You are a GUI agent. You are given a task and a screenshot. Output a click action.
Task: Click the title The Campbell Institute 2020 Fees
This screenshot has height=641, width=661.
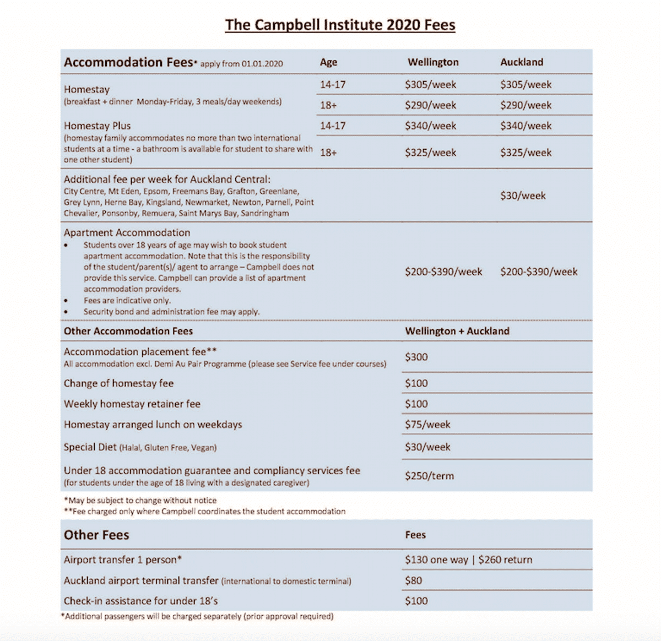[x=340, y=25]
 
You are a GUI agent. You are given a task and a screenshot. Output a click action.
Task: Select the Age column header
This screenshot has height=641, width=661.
[x=328, y=62]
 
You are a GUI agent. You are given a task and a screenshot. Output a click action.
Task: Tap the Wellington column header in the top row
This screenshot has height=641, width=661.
[x=433, y=62]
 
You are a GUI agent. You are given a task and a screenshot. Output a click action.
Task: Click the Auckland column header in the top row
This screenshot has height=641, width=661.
[x=522, y=62]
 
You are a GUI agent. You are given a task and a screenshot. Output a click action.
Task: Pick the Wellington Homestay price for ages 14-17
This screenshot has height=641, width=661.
[x=430, y=85]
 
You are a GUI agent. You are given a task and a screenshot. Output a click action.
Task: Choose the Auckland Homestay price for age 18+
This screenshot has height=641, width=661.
[x=525, y=105]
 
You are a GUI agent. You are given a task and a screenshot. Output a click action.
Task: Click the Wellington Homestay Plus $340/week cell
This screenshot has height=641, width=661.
[x=430, y=126]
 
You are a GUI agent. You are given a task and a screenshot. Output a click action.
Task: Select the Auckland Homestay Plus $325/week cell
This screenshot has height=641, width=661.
[x=525, y=153]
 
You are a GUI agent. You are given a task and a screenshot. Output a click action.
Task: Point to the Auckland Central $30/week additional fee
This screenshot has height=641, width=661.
[x=523, y=195]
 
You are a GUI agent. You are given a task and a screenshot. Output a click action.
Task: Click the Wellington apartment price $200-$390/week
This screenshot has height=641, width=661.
[x=443, y=271]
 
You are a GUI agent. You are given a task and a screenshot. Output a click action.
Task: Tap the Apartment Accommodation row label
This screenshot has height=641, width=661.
[x=127, y=233]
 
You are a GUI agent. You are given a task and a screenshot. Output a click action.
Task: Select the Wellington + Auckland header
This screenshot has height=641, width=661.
[x=457, y=331]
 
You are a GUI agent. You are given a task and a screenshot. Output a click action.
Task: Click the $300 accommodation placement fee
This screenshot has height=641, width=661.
[x=416, y=357]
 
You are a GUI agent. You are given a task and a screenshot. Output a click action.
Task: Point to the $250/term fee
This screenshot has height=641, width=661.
[x=430, y=476]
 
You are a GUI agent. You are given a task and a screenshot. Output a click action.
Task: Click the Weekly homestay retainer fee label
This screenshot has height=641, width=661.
[x=132, y=404]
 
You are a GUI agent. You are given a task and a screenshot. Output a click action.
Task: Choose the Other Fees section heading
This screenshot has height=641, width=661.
[x=96, y=535]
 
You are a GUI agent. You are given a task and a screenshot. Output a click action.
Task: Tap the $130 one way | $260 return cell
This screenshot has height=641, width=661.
[x=468, y=560]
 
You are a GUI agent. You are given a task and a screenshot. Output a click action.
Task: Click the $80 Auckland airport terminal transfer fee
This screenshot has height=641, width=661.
[x=414, y=580]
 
